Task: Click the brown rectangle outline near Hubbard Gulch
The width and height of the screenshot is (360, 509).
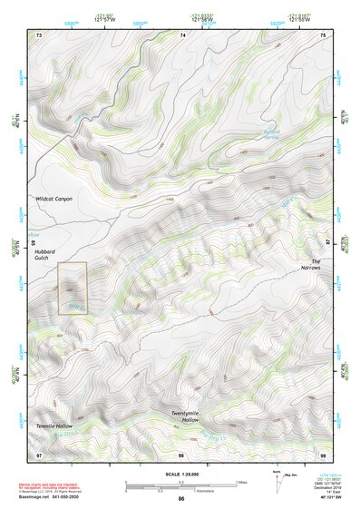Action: tap(72, 289)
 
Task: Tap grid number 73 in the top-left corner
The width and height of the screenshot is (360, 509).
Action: tap(39, 34)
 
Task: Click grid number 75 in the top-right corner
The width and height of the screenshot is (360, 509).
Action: tap(324, 34)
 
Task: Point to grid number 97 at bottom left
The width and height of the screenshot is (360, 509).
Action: tap(39, 454)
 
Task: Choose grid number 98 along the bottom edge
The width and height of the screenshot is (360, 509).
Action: tap(181, 454)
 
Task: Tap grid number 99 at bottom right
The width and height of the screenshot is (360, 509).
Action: tap(324, 454)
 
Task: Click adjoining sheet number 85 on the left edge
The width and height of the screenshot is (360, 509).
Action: tap(33, 242)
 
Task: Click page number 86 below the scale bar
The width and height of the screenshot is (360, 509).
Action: tap(181, 499)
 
